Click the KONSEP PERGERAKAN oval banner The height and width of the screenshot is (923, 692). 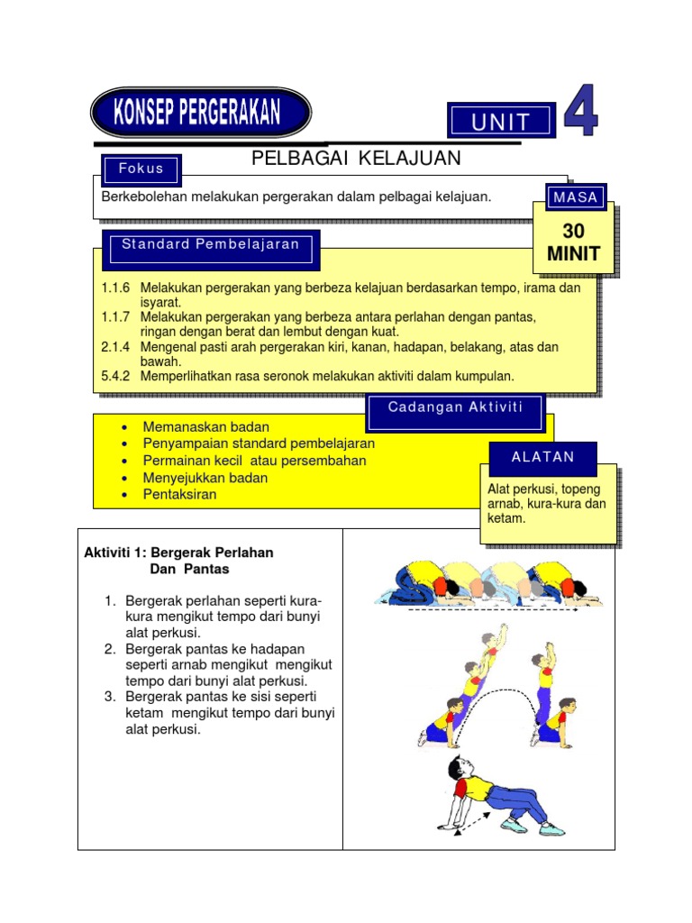(200, 114)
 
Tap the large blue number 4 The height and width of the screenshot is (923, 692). (581, 113)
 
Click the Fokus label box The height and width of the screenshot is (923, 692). (141, 169)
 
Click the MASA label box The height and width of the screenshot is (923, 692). (576, 196)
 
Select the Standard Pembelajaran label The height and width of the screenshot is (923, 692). (211, 245)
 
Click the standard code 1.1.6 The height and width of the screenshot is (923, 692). (116, 288)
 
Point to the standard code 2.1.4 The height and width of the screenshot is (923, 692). (116, 347)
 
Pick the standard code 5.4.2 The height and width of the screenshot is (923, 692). (116, 376)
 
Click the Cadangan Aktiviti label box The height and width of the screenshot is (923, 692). (455, 407)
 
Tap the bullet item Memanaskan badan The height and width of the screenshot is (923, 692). (205, 426)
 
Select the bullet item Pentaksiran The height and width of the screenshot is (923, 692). (179, 495)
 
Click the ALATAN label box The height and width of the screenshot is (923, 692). (542, 457)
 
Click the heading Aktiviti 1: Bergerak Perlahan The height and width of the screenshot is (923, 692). (178, 552)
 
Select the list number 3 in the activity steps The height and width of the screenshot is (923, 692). (110, 698)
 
